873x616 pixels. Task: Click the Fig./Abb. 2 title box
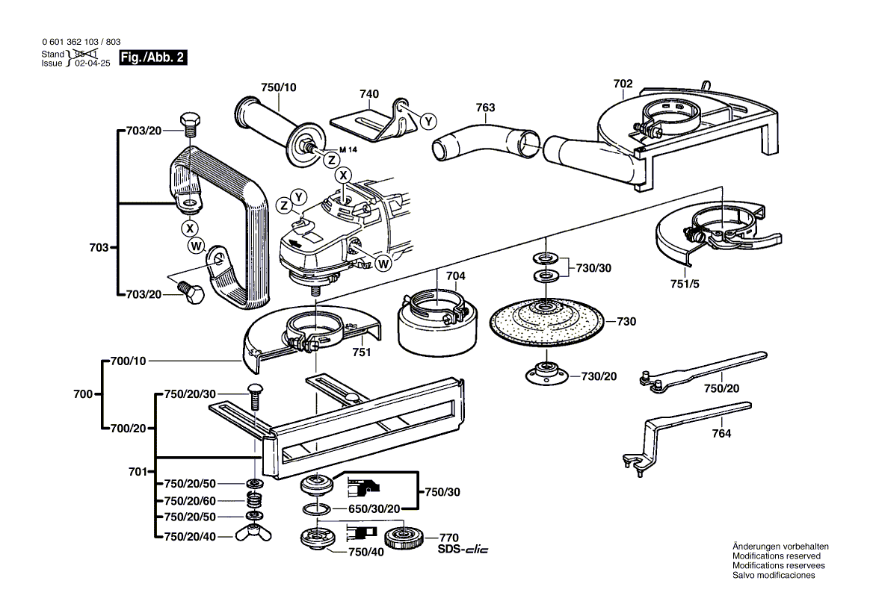[x=153, y=58]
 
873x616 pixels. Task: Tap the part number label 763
[x=485, y=108]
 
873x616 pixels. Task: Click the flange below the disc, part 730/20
[x=546, y=373]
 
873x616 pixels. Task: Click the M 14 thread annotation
[x=349, y=150]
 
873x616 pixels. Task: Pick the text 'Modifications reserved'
[x=776, y=556]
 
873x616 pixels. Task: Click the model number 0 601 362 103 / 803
[x=81, y=43]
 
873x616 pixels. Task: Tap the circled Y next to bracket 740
[x=428, y=121]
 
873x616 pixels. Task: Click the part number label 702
[x=623, y=84]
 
